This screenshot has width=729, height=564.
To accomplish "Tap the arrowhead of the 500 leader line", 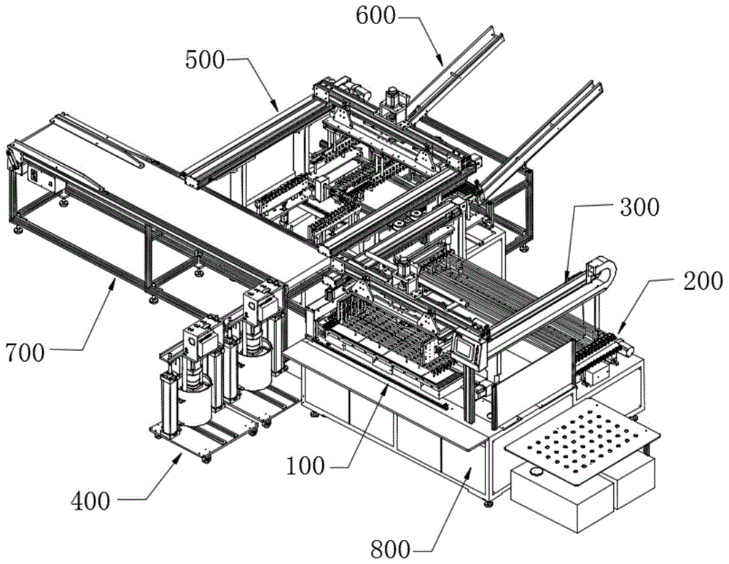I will (279, 109).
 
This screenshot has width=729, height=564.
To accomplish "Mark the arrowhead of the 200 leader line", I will (618, 333).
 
